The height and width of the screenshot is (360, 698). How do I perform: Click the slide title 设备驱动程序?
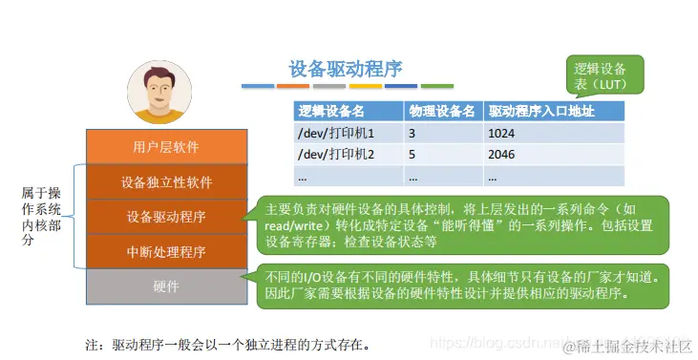point(346,69)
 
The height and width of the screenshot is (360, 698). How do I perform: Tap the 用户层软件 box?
point(166,147)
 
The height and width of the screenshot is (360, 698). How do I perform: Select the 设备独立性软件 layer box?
point(166,181)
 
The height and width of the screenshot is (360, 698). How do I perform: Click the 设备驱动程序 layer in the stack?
point(166,217)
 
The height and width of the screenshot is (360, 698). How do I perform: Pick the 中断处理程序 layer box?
point(166,252)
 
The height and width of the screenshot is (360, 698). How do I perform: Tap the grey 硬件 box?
point(166,286)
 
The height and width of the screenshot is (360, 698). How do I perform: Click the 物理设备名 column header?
point(441,111)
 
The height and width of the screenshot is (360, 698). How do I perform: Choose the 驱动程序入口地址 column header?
point(540,111)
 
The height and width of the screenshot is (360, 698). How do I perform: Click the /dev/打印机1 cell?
point(335,133)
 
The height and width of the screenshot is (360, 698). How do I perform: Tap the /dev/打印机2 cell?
point(335,154)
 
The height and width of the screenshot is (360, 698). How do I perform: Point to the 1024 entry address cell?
point(501,133)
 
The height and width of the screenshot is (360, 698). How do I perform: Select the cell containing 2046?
point(501,154)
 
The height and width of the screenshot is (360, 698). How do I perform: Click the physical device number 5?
point(412,154)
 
